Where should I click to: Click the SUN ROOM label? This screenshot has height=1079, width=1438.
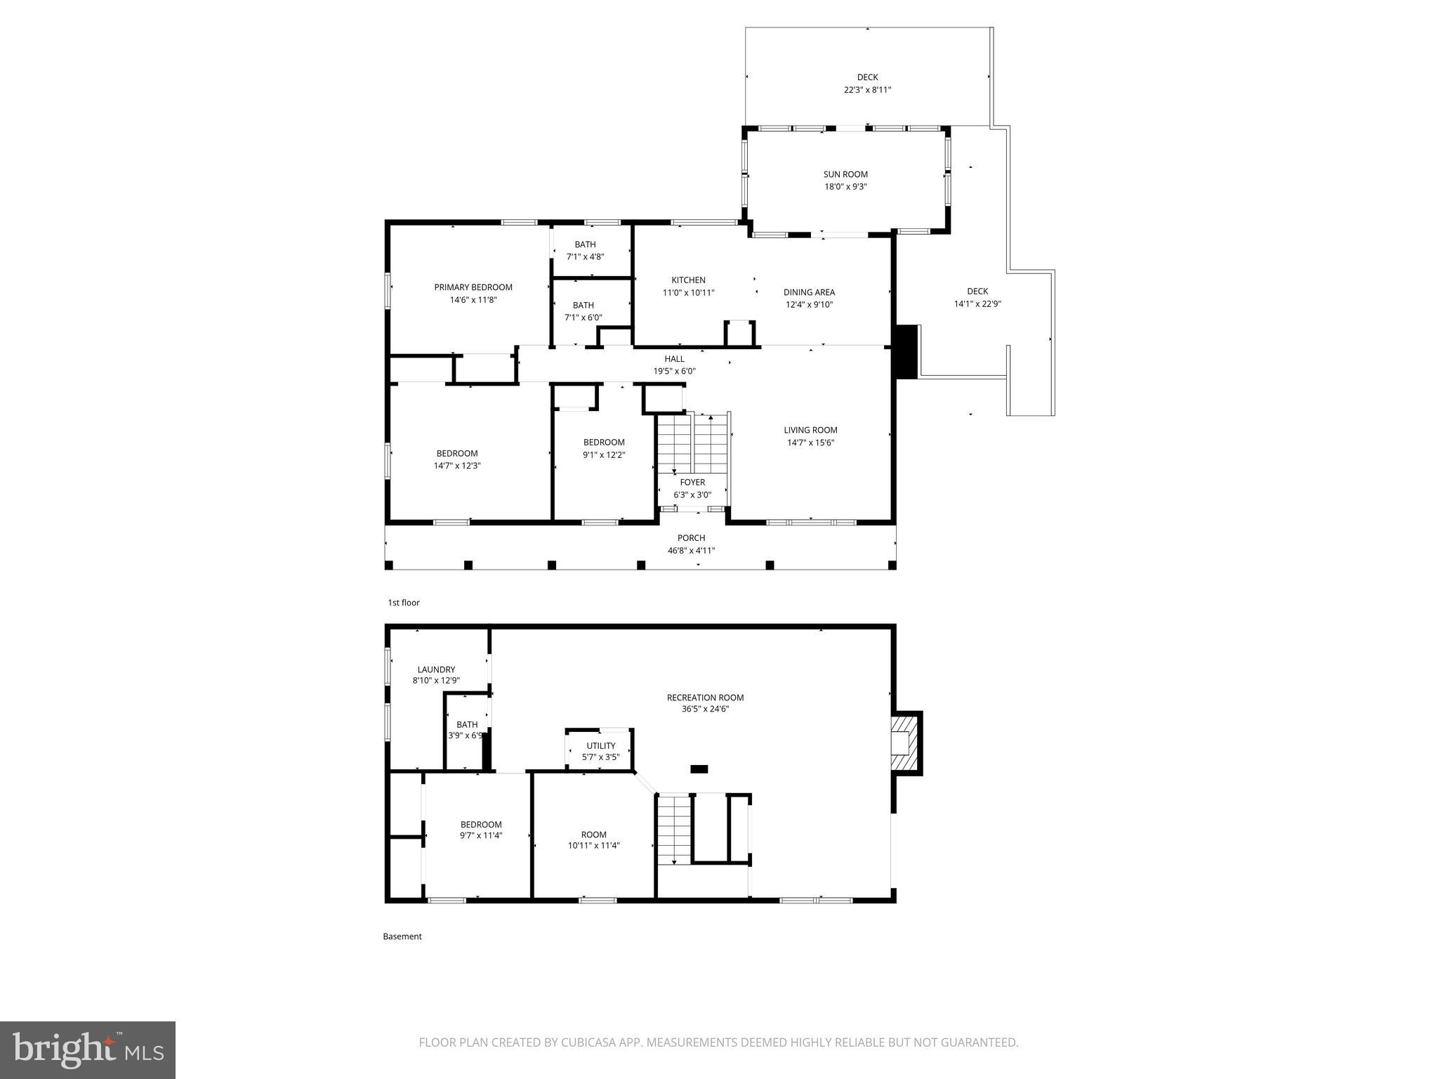[x=845, y=174]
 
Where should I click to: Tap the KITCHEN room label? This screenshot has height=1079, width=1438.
[x=688, y=280]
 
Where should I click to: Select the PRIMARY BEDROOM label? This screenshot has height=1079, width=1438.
[x=473, y=287]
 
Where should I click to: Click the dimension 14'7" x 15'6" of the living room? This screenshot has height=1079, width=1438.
[x=810, y=443]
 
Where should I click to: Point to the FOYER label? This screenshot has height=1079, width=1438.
[x=692, y=483]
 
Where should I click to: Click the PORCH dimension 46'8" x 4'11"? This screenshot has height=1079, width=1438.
[x=691, y=551]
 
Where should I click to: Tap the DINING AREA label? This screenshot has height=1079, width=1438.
[x=809, y=292]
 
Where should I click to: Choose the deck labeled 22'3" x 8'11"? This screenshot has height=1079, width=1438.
[x=867, y=84]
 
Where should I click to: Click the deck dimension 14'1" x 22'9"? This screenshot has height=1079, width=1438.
[x=977, y=304]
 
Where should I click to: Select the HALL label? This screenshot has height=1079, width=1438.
[x=674, y=359]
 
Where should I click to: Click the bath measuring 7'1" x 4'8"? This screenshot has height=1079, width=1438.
[x=585, y=251]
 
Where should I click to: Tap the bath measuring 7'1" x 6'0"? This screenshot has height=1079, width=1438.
[x=583, y=311]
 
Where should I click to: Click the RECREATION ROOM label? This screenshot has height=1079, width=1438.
[x=705, y=698]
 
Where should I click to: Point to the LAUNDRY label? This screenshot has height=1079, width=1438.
[x=436, y=669]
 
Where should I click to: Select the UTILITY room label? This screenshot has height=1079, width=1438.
[x=601, y=746]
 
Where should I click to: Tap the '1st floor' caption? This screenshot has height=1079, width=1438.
[x=404, y=603]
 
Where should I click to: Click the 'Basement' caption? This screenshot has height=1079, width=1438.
[x=402, y=936]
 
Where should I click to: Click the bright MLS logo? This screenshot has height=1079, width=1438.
[x=88, y=1049]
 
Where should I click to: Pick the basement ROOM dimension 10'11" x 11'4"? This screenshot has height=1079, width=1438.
[x=593, y=846]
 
